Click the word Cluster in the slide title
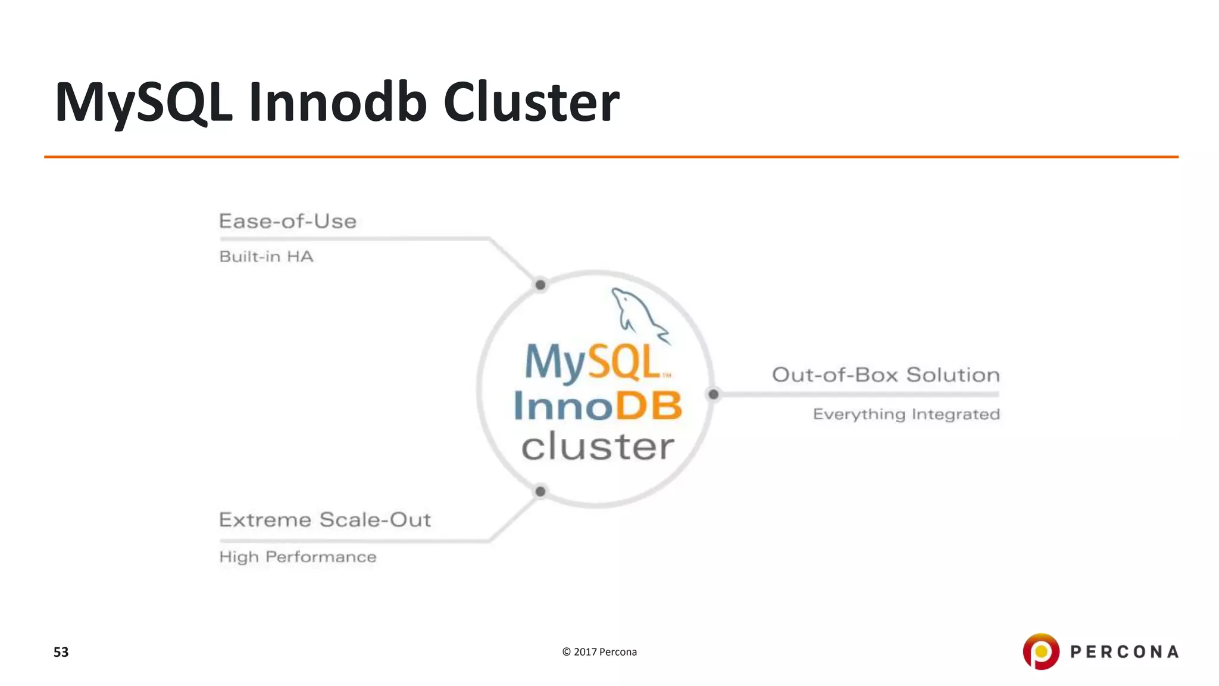531,102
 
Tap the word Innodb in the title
337,102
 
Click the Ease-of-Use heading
287,222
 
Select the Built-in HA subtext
266,257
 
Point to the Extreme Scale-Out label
324,520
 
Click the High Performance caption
298,557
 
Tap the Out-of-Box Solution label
886,375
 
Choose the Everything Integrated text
906,414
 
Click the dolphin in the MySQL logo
637,314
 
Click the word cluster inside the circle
598,447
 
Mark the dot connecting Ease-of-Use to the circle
540,285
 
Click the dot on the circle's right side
713,394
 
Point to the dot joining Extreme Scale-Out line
540,491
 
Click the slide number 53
61,652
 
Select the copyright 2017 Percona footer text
599,652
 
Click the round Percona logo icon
1041,651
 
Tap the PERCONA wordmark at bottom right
1124,652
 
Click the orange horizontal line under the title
611,157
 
